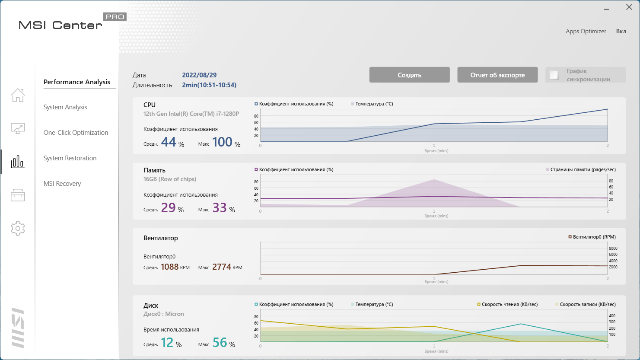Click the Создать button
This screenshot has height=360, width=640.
[x=409, y=75]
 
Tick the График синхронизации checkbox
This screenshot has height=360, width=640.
[x=554, y=75]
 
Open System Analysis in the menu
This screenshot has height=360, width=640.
[x=65, y=107]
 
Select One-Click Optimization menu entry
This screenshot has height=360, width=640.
[x=76, y=133]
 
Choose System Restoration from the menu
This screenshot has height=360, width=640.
[x=70, y=158]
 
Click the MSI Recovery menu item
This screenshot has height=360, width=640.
[x=62, y=184]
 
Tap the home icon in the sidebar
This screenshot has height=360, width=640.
[x=18, y=95]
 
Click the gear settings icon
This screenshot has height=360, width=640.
[x=18, y=228]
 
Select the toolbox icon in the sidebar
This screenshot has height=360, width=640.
[x=18, y=195]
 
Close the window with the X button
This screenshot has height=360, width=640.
[x=629, y=7]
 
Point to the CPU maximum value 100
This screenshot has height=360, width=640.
[x=222, y=142]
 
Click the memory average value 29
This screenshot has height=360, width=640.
[x=168, y=208]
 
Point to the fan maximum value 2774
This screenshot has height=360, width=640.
[x=222, y=267]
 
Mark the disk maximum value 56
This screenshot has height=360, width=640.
[x=220, y=343]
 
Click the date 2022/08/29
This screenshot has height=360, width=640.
[x=199, y=75]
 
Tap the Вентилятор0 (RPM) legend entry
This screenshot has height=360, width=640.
[x=592, y=237]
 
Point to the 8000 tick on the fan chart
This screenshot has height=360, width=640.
[x=613, y=248]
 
